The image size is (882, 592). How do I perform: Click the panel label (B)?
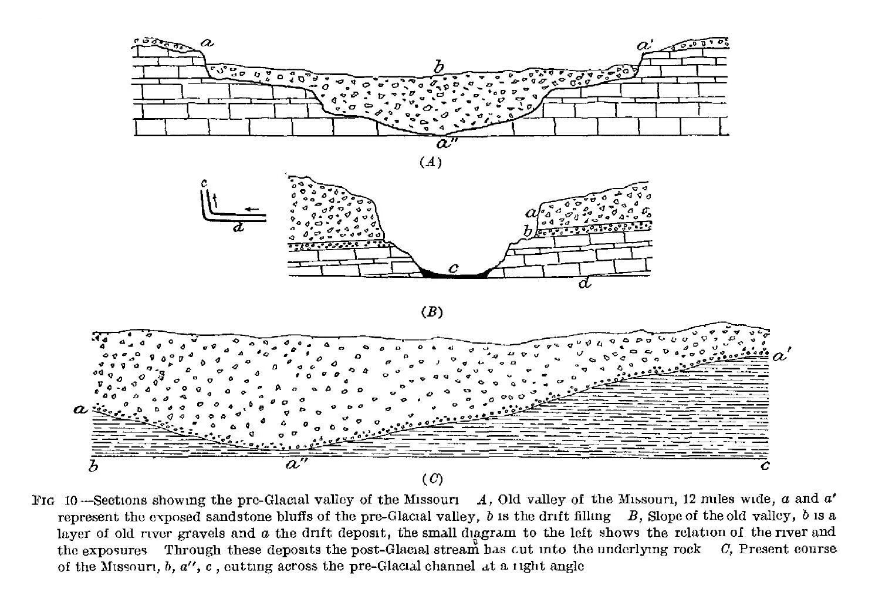[x=431, y=312]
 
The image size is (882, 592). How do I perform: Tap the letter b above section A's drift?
[x=438, y=67]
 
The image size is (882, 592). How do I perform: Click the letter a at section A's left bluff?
[x=207, y=42]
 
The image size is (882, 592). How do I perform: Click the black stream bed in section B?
[x=456, y=273]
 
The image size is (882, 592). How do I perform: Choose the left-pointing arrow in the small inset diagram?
[x=251, y=208]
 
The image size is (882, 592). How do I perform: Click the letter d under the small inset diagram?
[x=238, y=227]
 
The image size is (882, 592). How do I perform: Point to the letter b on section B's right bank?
[x=528, y=232]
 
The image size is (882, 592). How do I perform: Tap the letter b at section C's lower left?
[x=93, y=467]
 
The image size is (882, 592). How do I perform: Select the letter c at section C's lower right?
[x=765, y=466]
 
